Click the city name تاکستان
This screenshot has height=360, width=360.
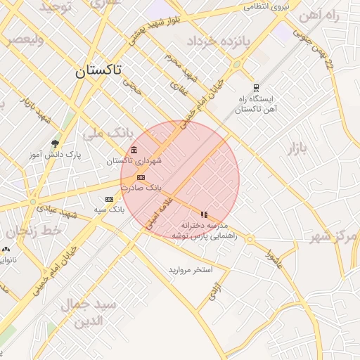(98, 70)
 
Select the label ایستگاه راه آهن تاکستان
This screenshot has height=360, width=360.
(257, 104)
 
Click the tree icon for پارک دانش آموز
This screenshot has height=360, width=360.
(54, 143)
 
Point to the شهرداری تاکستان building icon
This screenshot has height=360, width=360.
(134, 149)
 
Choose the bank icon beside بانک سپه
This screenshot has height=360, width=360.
(108, 199)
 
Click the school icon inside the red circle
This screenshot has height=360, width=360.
(204, 214)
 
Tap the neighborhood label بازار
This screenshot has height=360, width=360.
(297, 148)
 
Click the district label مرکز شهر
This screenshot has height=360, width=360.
(335, 236)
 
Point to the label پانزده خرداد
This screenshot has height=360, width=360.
(219, 41)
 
